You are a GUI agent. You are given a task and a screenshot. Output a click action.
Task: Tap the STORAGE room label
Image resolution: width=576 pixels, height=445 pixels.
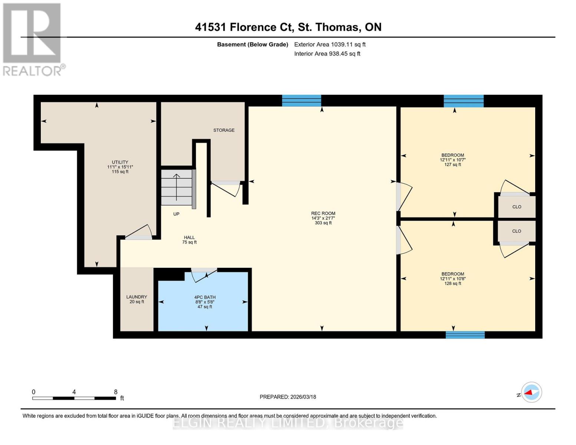(x=224, y=130)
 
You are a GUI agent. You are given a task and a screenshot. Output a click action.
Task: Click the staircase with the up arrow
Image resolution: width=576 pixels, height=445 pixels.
(x=176, y=187)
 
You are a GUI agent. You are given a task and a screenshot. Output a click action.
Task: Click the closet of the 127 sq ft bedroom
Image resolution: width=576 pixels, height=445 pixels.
(x=517, y=207)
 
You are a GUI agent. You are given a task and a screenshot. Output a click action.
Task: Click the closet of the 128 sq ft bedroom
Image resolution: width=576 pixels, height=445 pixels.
(x=517, y=231)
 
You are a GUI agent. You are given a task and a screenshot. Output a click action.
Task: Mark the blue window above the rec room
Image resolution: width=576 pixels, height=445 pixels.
(x=302, y=100)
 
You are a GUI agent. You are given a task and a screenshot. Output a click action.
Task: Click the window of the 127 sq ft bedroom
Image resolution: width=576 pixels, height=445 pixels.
(x=464, y=101)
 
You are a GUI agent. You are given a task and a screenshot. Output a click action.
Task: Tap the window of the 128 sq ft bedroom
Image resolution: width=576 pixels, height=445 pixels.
(x=465, y=335)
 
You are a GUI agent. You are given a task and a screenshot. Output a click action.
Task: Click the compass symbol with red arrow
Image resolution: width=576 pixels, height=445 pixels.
(x=531, y=392)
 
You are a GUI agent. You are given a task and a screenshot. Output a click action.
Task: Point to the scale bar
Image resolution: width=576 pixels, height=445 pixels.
(x=74, y=398)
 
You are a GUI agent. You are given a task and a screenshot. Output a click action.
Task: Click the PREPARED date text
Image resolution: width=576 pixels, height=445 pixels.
(x=288, y=397)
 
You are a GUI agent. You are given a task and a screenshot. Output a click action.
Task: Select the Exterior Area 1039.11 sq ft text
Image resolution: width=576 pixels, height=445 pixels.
(x=330, y=44)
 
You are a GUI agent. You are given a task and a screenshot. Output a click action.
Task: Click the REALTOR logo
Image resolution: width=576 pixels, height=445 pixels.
(x=33, y=39)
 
